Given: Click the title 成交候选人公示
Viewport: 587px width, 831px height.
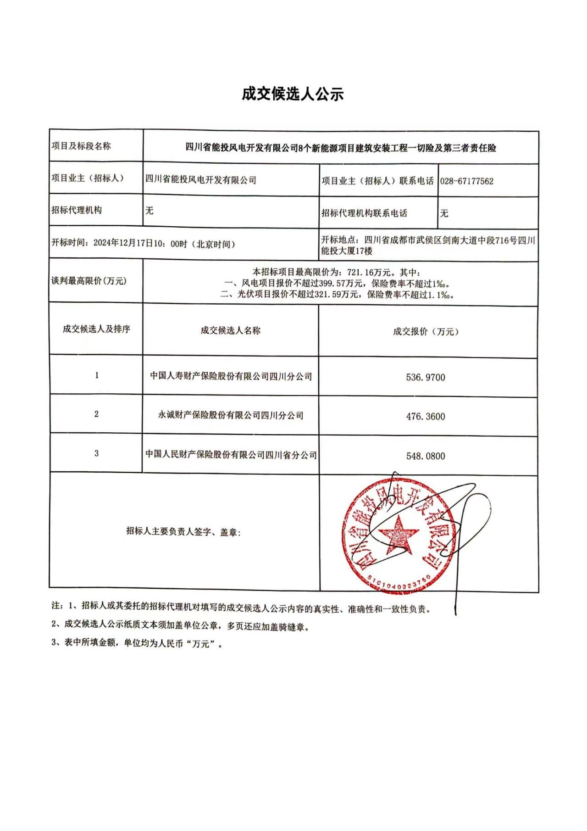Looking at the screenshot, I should point(293,94).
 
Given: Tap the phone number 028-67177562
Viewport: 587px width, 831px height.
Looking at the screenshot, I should point(466,181).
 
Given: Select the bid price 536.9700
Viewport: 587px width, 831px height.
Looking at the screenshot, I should point(425,378).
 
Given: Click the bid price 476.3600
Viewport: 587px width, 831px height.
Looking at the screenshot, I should point(425,417).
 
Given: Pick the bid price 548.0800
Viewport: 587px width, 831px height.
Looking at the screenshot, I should point(425,456).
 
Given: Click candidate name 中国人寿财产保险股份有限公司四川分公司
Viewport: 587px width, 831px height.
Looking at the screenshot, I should point(231,377).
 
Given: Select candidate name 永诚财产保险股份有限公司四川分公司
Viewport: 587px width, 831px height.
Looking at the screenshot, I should point(231,416).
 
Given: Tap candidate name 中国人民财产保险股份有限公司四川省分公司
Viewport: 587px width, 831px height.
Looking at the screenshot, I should point(231,455).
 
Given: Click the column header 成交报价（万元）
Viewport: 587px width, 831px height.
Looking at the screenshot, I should point(426,332).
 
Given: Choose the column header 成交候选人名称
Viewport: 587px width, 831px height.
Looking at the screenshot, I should point(230,330).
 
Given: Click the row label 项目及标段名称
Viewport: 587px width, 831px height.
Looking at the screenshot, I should point(81,146).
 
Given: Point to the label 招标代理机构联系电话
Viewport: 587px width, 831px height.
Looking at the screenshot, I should point(364,213).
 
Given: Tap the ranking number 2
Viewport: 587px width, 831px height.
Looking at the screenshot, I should point(96,414).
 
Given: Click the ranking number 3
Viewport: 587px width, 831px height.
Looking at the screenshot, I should point(96,453).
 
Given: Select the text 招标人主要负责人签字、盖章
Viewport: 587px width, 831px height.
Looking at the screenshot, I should point(183,531).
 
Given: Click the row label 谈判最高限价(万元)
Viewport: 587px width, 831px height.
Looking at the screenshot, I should point(89,281).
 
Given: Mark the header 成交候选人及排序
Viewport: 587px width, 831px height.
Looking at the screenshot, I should point(96,329).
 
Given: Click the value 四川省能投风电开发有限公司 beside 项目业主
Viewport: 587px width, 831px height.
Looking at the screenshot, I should point(200,180).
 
